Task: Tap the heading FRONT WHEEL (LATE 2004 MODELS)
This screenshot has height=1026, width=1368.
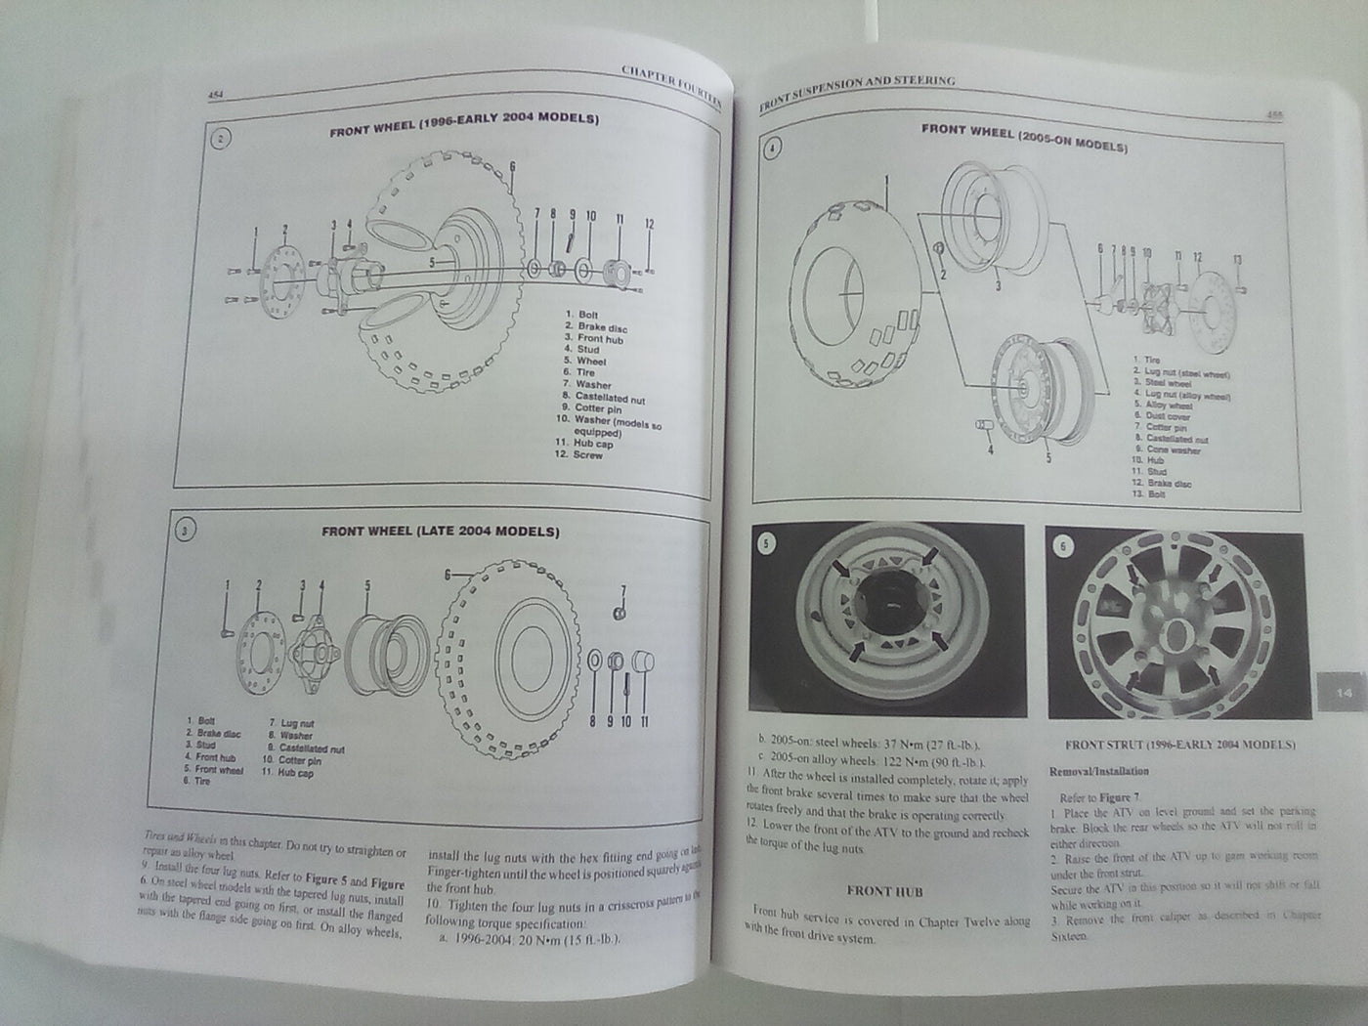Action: tap(441, 532)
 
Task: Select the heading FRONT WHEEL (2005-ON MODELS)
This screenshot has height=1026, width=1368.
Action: tap(1025, 138)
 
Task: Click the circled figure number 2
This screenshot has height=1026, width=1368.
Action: tap(221, 138)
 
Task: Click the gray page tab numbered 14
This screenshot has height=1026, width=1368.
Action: tap(1342, 693)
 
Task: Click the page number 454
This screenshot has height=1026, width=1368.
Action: tap(217, 94)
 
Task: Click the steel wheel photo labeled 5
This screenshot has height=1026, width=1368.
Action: tap(887, 618)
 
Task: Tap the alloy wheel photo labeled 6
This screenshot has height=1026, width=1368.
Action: tap(1173, 622)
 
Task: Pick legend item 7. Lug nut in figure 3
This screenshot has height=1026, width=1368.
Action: tap(290, 724)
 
